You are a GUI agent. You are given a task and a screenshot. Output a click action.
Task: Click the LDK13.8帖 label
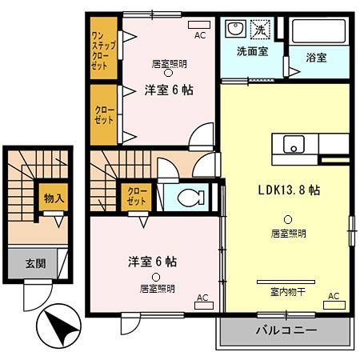tap(289, 190)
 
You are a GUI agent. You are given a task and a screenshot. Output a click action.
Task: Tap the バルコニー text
tap(286, 330)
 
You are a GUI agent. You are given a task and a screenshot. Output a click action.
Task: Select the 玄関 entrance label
tap(35, 263)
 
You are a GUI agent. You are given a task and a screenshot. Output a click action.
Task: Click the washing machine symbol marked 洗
tap(261, 30)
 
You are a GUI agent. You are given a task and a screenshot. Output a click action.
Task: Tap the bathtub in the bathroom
tap(319, 31)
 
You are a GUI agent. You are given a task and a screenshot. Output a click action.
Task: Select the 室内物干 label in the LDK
tap(286, 291)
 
